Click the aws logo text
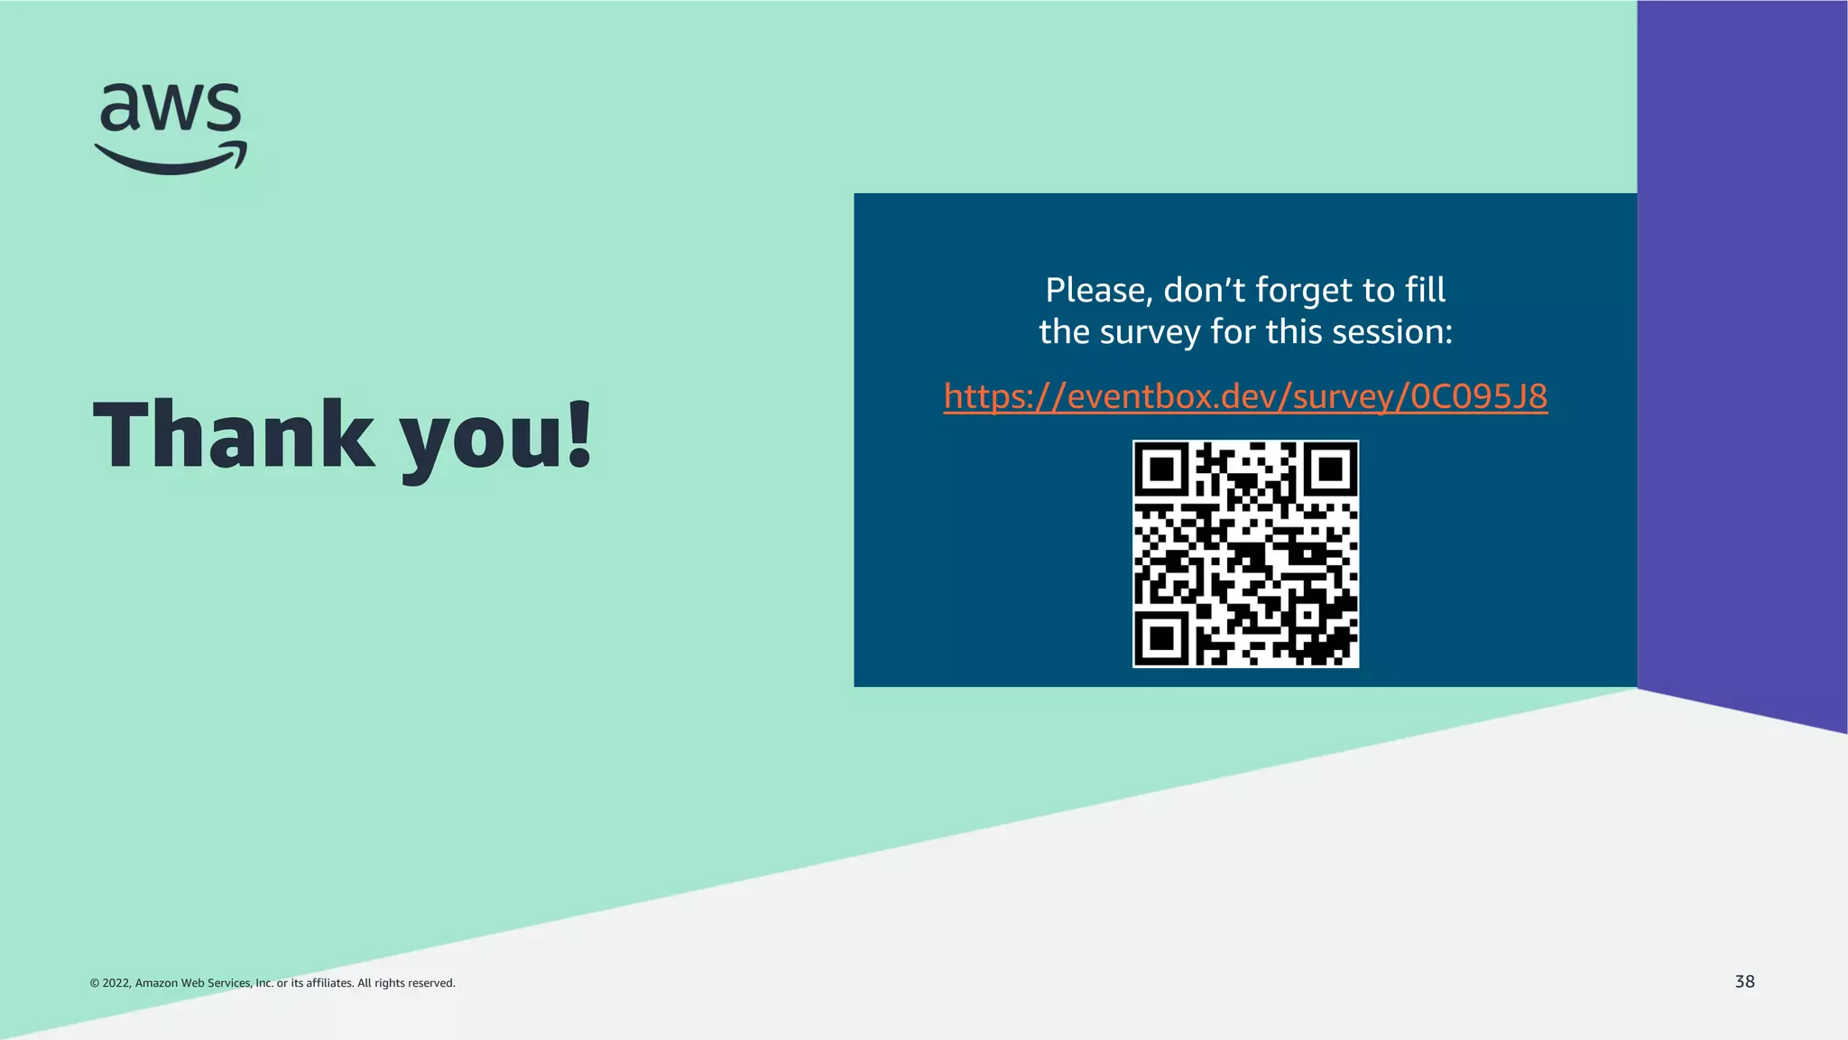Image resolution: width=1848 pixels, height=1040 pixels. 171,107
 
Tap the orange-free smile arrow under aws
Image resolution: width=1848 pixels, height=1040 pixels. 171,159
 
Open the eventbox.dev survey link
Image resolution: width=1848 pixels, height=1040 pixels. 1245,396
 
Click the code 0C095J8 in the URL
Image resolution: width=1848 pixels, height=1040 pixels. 1479,396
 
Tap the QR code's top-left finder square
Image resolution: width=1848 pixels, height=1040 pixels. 1162,469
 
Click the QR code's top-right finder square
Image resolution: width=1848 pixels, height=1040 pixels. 1330,469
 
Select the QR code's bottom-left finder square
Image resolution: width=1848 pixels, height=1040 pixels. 1162,637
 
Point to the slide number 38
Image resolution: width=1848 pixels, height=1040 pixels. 1744,981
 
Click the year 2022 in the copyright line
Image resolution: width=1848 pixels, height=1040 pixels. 115,983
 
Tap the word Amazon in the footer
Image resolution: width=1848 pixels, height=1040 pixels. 156,983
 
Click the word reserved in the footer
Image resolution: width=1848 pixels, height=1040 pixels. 431,983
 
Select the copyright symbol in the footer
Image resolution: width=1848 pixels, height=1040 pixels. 94,983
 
